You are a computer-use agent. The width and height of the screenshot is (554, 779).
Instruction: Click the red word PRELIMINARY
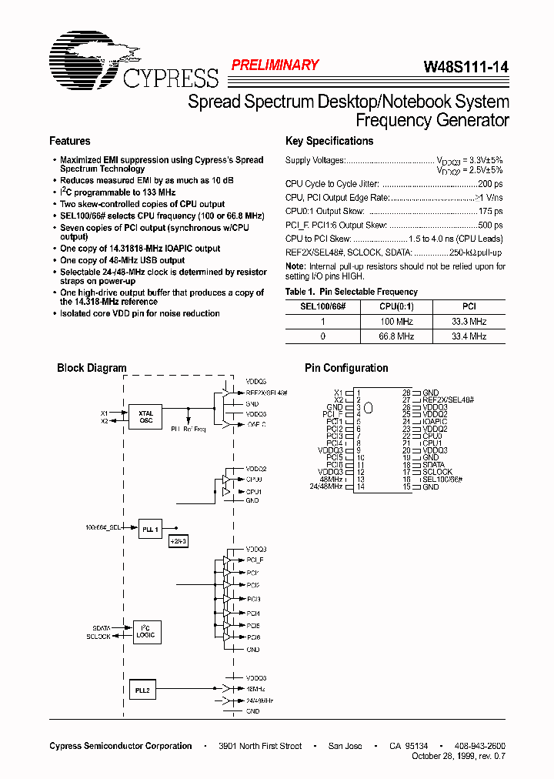275,65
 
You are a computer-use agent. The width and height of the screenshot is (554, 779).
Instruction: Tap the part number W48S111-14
466,67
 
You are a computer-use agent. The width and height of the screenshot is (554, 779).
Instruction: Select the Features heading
69,141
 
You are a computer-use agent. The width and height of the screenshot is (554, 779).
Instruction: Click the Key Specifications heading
329,141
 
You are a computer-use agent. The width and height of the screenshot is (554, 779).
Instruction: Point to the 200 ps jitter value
489,184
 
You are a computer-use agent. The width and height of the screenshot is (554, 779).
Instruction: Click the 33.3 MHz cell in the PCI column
469,321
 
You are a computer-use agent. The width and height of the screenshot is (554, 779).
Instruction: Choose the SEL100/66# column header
322,306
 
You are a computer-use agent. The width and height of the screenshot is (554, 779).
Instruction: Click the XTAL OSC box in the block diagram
145,416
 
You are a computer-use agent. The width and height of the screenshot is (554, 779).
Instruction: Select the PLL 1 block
150,530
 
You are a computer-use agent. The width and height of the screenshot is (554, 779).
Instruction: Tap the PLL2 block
142,690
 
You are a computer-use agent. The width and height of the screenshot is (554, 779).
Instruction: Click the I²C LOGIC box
145,632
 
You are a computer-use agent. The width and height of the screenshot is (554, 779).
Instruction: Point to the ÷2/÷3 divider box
178,542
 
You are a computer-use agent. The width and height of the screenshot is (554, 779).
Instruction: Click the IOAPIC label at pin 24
435,422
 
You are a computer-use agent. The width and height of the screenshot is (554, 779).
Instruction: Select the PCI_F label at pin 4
332,414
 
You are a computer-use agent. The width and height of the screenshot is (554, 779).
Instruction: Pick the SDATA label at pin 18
433,465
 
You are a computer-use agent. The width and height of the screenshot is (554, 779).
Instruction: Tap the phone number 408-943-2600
480,746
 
